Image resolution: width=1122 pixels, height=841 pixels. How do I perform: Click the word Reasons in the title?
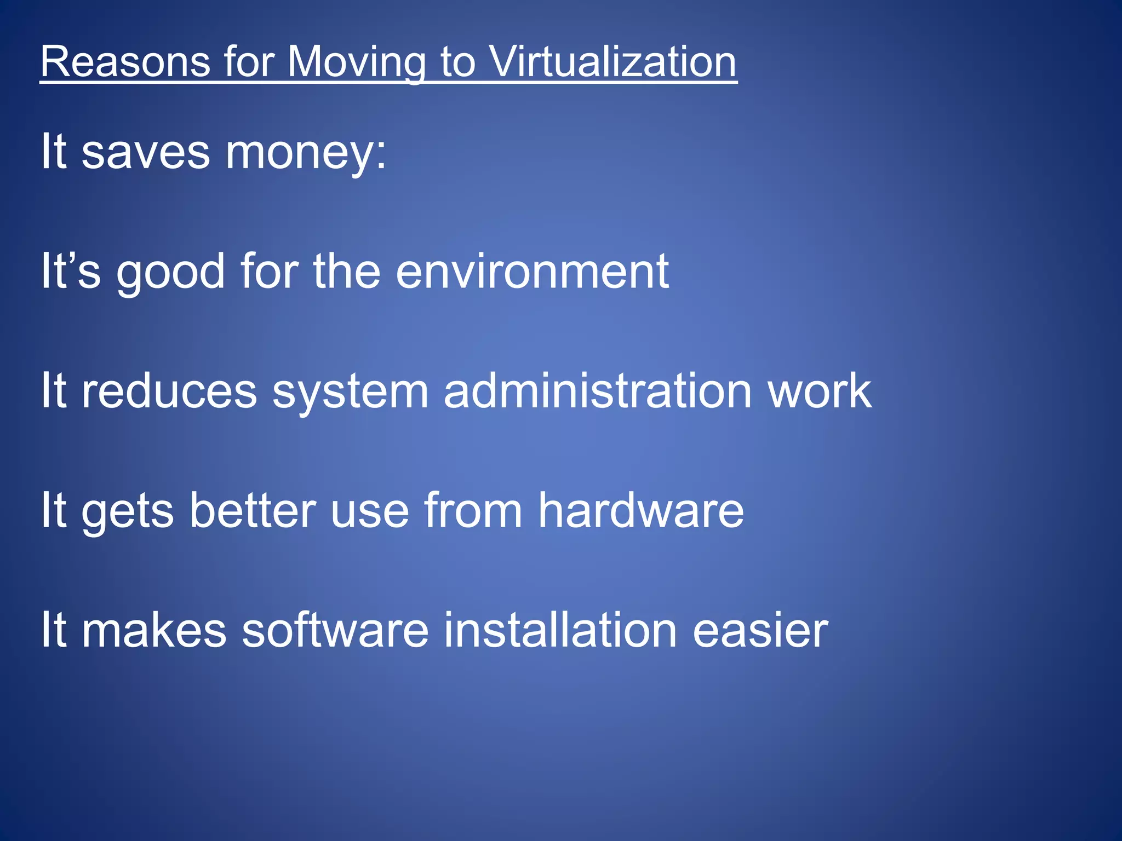coord(125,61)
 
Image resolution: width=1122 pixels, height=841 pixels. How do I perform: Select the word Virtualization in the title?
coord(612,61)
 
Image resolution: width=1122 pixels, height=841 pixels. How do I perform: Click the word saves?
coord(145,152)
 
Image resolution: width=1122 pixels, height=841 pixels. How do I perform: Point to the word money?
coord(299,153)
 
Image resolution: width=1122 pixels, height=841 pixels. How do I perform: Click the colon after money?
coord(381,156)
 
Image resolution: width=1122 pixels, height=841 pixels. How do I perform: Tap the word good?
coord(170,272)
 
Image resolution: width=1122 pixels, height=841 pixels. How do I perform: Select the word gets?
coord(128,512)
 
